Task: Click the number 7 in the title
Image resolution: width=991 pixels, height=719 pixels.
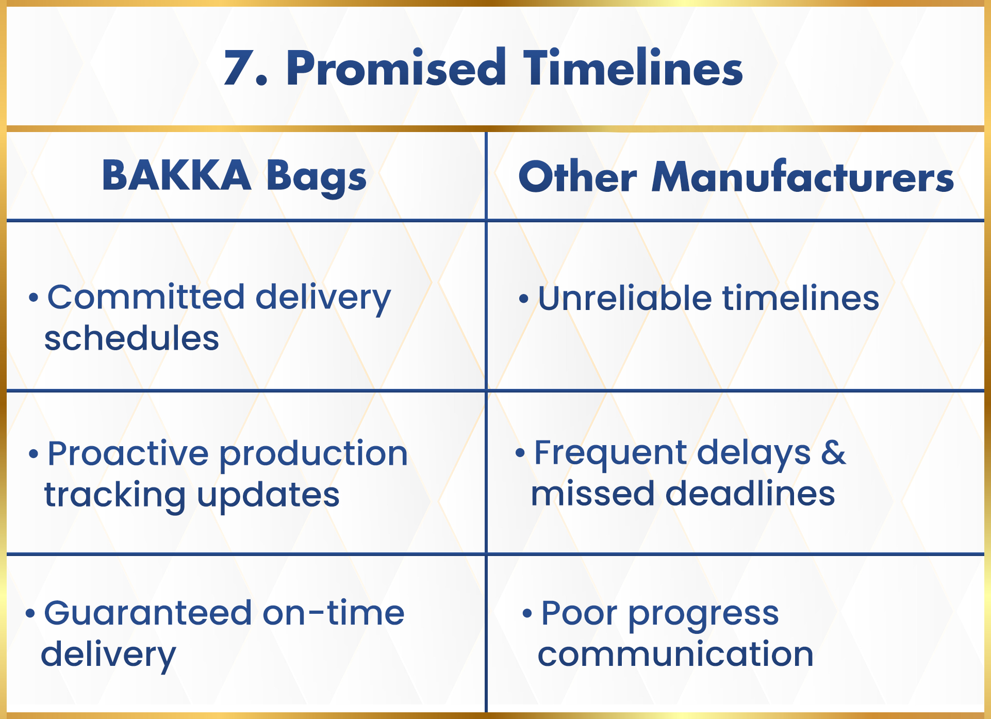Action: coord(242,68)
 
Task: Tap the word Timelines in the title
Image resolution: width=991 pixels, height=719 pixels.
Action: coord(633,68)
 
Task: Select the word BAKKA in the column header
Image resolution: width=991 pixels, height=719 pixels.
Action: coord(176,175)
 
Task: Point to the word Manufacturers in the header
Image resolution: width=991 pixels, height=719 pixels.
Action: coord(803,176)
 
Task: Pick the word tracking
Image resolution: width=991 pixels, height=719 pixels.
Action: coord(115,496)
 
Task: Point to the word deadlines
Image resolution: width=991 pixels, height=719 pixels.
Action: coord(750,494)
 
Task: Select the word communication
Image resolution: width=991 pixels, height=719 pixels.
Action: coord(675,653)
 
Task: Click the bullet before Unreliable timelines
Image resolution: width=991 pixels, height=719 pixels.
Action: coord(524,299)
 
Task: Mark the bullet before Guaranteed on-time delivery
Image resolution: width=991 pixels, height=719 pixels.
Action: coord(30,613)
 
